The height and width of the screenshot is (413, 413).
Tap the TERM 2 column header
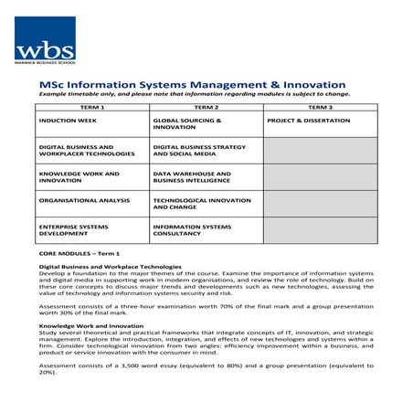(206, 108)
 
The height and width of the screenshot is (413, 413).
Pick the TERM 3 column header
(320, 108)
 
